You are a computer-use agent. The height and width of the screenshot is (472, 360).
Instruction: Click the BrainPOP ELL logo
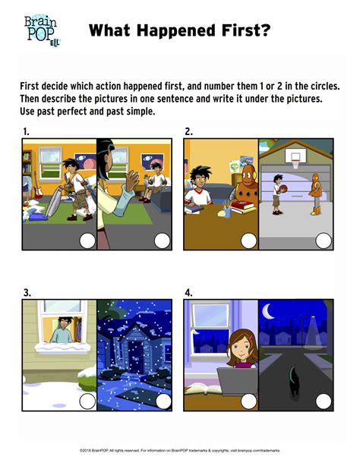42,30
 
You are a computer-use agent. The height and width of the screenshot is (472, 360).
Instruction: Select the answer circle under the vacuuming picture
87,241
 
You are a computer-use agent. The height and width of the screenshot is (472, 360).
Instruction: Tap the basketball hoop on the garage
295,159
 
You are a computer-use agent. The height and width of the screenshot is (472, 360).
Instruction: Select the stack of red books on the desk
243,206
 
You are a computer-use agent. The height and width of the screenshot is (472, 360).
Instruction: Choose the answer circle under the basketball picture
324,241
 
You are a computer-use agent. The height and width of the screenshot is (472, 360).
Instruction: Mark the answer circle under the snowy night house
163,401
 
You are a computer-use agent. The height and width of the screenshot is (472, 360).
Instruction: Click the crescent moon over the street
268,311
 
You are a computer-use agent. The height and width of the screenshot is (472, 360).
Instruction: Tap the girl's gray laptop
237,382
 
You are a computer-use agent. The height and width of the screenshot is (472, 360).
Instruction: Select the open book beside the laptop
201,389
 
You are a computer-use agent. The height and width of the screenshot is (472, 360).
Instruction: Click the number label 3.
27,293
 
